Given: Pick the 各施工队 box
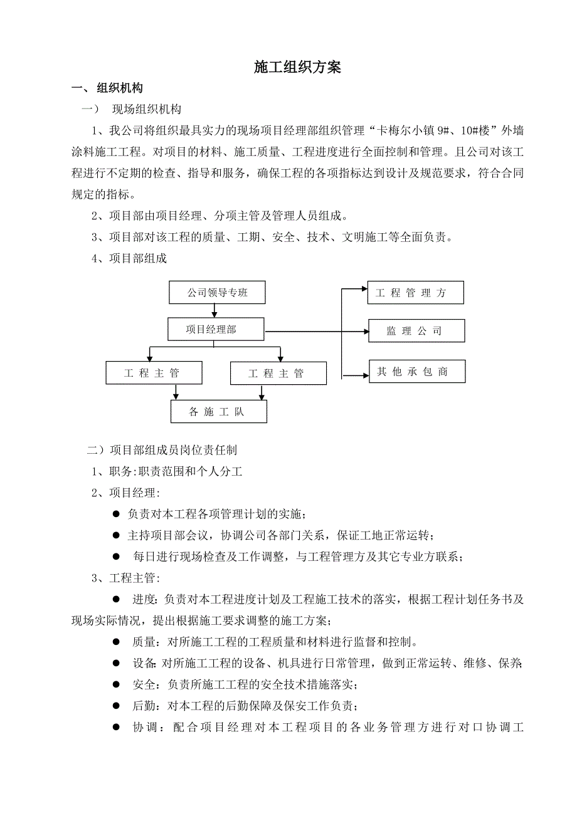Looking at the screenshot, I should (218, 411).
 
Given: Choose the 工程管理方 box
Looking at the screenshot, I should (415, 293).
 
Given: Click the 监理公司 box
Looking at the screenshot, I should (416, 331).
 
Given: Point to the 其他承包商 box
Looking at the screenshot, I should (416, 372).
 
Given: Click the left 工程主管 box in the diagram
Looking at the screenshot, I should (154, 373).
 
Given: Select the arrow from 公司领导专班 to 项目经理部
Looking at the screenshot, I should (215, 311).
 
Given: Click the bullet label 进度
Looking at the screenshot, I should (143, 599).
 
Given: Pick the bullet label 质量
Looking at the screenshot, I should (143, 642).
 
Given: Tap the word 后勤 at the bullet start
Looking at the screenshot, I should (143, 706).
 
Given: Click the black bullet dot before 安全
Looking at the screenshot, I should (116, 684).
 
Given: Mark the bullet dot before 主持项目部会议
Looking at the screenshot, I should (116, 535).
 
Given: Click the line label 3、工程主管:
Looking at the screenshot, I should (125, 577).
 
